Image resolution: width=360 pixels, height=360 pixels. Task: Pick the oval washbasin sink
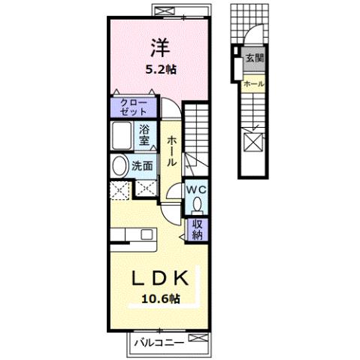coord(119,165)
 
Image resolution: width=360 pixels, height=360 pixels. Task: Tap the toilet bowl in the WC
coord(198,204)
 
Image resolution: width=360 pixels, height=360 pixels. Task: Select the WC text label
coord(196,189)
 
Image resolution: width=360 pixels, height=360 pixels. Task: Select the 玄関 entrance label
coord(254,57)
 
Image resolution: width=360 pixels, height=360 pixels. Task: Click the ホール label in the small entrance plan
coord(254,83)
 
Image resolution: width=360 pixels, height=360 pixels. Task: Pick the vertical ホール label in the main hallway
coord(172,150)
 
